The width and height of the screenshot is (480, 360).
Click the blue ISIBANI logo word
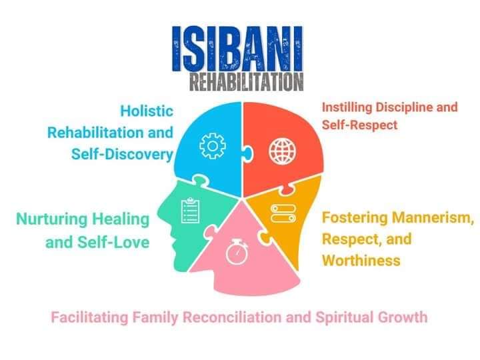click(237, 49)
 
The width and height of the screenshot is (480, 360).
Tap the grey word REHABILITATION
click(247, 82)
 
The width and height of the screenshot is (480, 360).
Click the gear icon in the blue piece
click(213, 146)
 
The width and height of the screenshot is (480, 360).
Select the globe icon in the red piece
click(282, 151)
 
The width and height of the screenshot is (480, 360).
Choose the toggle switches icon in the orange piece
click(283, 213)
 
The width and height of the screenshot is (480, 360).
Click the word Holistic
click(147, 111)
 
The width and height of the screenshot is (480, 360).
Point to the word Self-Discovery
click(123, 154)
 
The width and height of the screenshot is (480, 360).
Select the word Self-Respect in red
click(360, 125)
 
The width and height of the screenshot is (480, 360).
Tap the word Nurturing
click(52, 219)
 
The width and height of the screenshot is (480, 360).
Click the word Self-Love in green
click(113, 243)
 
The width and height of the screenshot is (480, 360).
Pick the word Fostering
click(355, 217)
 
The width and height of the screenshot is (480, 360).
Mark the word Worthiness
click(361, 261)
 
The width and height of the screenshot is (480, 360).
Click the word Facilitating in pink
click(89, 317)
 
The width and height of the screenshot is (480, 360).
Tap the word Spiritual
click(345, 317)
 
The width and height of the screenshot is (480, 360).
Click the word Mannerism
click(433, 218)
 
